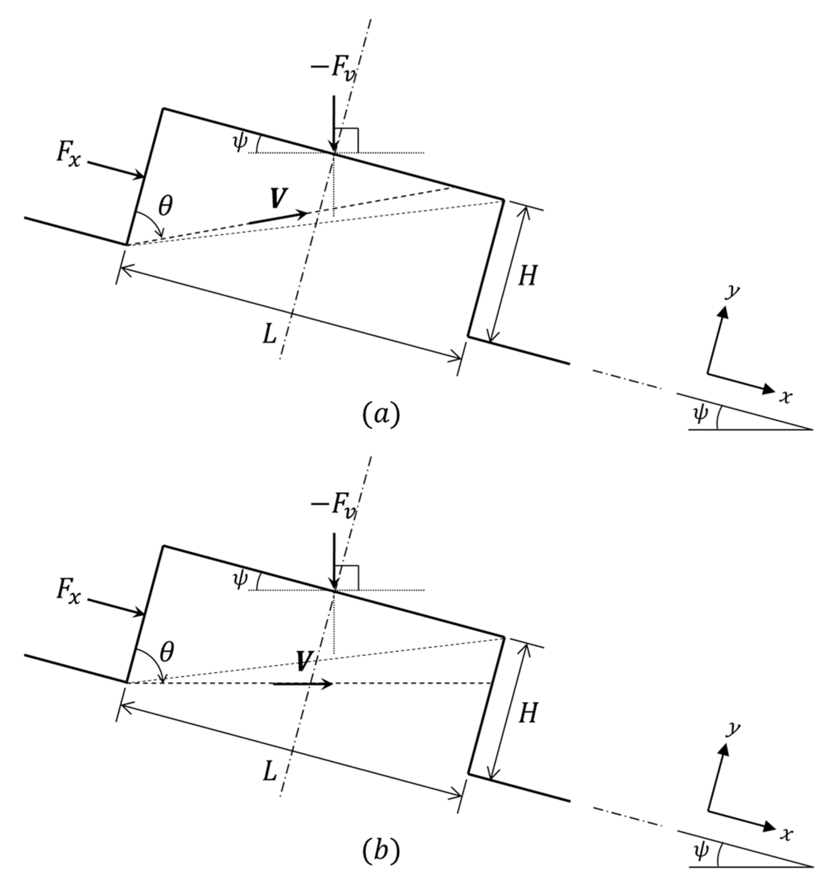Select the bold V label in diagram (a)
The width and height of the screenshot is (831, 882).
point(279,198)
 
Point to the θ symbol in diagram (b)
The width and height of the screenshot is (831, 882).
point(167,653)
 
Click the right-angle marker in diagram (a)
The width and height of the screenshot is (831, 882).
point(347,138)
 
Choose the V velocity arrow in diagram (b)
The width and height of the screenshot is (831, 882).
point(303,684)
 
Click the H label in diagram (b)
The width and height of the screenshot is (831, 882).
point(527,714)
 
